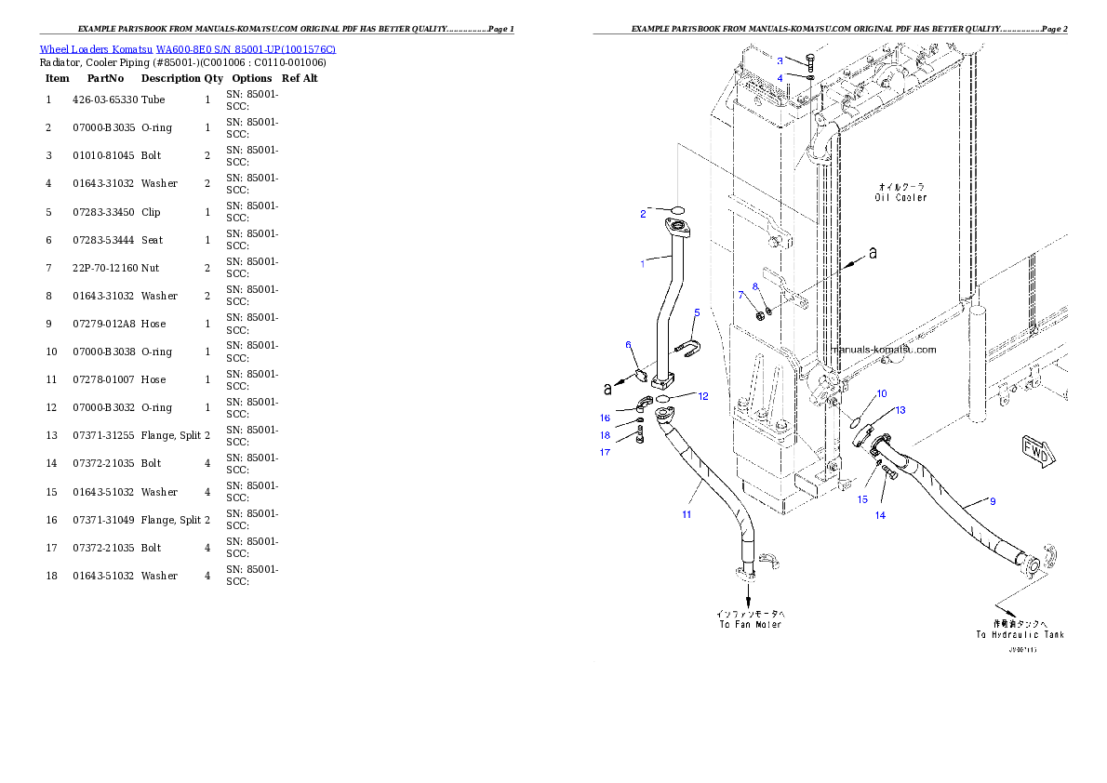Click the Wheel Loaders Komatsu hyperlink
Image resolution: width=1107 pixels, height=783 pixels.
coord(187,49)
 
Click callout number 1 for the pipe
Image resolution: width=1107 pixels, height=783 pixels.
coord(642,263)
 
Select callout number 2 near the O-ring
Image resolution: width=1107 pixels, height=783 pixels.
coord(642,214)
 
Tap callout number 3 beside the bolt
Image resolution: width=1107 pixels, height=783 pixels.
coord(780,60)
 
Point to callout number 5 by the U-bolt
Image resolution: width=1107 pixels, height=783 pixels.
coord(697,312)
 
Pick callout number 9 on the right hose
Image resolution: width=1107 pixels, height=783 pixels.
coord(993,502)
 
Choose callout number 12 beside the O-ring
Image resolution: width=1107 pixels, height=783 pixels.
coord(703,396)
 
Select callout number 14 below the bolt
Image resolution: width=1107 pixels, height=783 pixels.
coord(880,514)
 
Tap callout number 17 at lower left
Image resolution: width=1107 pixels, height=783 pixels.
coord(605,453)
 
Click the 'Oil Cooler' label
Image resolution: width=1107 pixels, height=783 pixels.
coord(900,192)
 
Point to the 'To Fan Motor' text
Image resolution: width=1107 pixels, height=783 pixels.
coord(750,619)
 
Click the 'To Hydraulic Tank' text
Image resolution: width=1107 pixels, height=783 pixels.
coord(1020,630)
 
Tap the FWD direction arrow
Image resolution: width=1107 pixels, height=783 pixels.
coord(1037,451)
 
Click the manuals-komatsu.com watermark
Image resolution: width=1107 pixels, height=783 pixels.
coord(884,350)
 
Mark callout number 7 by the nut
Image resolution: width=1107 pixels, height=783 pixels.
coord(741,295)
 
